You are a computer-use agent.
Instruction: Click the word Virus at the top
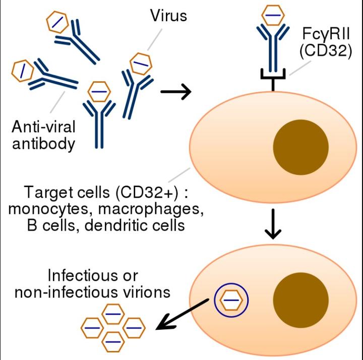pyautogui.click(x=168, y=16)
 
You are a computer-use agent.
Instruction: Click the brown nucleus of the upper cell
pyautogui.click(x=300, y=147)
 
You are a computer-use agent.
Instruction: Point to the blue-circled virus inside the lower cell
pyautogui.click(x=231, y=301)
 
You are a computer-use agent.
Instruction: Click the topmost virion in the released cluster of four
pyautogui.click(x=113, y=314)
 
